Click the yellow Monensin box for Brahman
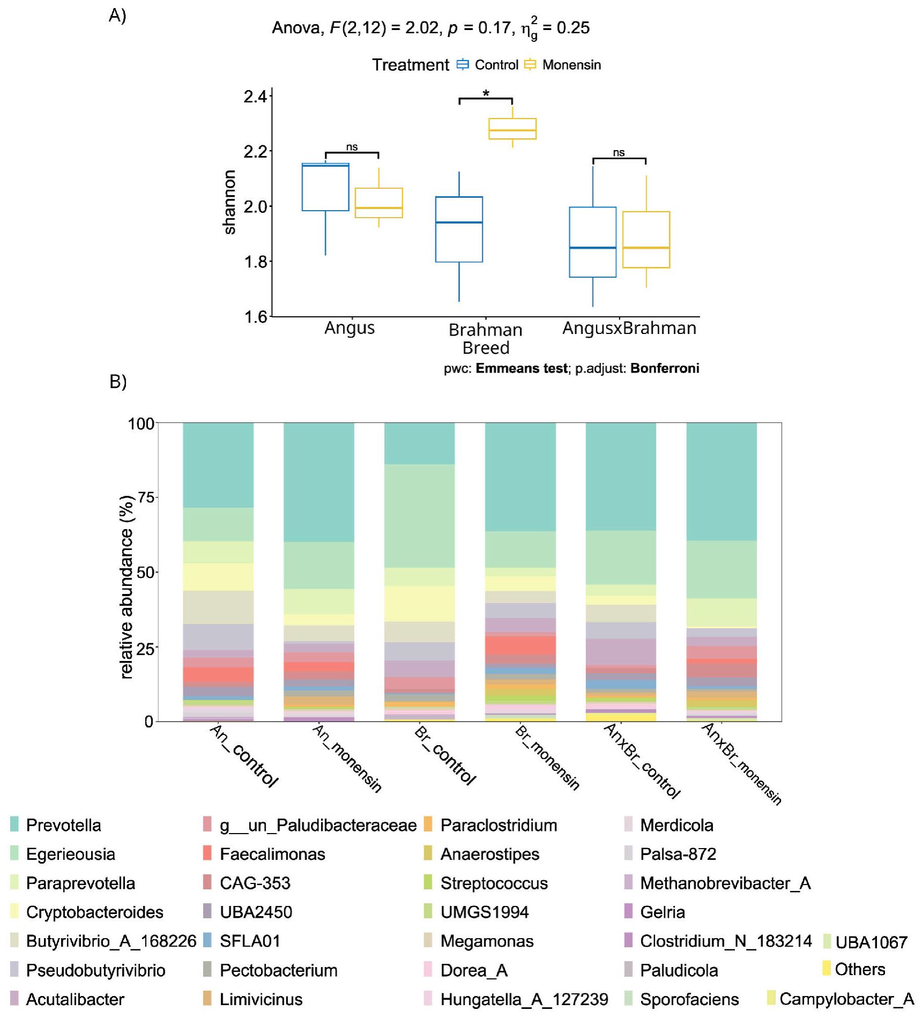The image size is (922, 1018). pos(512,129)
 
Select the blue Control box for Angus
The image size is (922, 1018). pos(325,188)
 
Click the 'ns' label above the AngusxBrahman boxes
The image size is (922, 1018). pos(619,153)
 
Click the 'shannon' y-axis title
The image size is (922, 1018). pos(229,202)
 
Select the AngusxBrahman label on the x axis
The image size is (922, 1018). pos(629,328)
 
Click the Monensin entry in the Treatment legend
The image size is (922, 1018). pos(571,65)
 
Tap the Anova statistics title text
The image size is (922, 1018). pos(430,28)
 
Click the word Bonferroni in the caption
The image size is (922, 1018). pos(665,368)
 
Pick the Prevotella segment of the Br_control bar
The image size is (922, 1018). pos(419,443)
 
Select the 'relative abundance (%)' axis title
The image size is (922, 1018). pos(127,587)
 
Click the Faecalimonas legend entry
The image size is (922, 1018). pos(272,854)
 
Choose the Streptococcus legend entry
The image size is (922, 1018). pos(494,883)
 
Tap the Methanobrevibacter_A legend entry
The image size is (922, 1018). pos(725,883)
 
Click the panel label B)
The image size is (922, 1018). pos(118,382)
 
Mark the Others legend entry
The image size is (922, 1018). pos(859,969)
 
